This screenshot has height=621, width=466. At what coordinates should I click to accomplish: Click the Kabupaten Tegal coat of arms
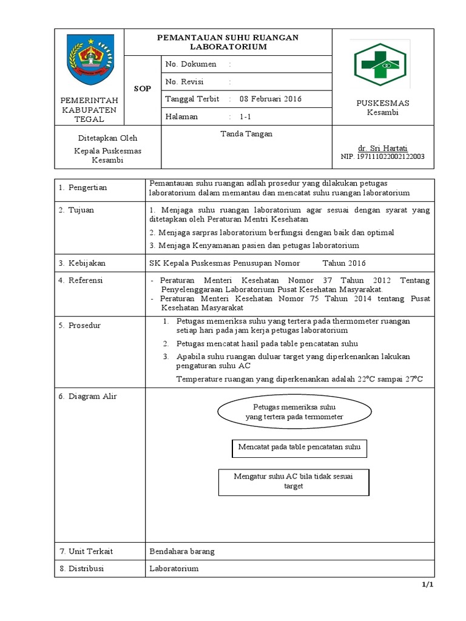point(89,60)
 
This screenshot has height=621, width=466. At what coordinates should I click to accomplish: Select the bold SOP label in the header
point(143,89)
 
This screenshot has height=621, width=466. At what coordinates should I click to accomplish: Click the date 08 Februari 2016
point(271,99)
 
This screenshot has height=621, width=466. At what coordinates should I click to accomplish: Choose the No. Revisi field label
point(184,82)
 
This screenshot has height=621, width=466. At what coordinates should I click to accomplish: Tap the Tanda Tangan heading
point(246,134)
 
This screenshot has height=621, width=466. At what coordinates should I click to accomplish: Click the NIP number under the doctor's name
point(383,157)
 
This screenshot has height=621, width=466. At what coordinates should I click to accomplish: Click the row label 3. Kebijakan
point(82,263)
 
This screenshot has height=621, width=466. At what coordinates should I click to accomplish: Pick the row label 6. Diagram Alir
point(88,397)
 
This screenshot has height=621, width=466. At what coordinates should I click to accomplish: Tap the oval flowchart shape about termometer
point(294,412)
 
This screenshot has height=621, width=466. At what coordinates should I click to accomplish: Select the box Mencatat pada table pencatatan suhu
point(300,449)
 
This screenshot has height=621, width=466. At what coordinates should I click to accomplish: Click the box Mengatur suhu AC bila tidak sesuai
point(294,482)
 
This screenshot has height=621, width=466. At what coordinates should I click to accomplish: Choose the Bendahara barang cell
point(182,551)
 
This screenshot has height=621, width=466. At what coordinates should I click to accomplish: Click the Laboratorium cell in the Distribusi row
point(174,569)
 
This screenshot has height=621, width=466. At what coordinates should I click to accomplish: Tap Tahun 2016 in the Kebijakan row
point(344,263)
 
